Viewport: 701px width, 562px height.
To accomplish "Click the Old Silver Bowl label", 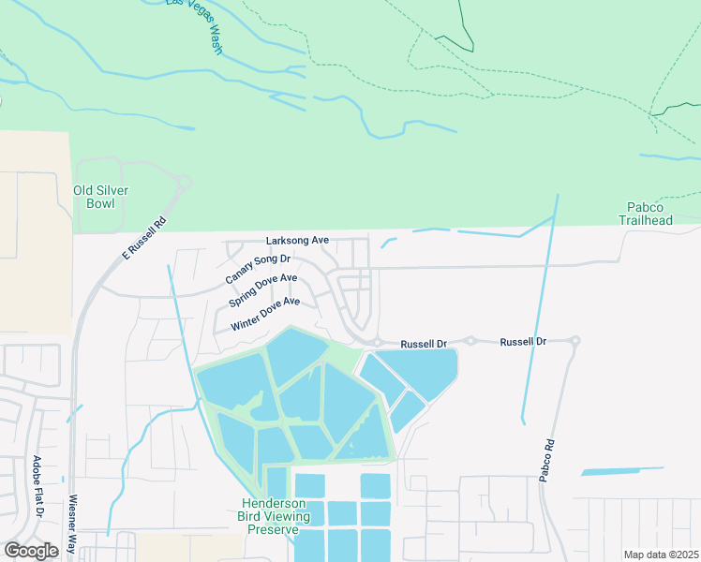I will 100,197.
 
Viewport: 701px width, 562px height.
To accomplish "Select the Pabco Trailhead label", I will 647,213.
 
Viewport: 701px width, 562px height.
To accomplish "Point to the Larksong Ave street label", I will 297,241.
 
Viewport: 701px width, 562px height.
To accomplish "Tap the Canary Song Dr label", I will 259,269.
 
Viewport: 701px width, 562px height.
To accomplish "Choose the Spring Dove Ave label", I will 263,290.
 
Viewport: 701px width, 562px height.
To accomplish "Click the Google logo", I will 31,551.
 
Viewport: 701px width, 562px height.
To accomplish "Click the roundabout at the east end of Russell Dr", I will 575,341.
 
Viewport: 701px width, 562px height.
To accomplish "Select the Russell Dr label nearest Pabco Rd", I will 523,342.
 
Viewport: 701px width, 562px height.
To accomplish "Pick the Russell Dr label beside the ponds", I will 424,344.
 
